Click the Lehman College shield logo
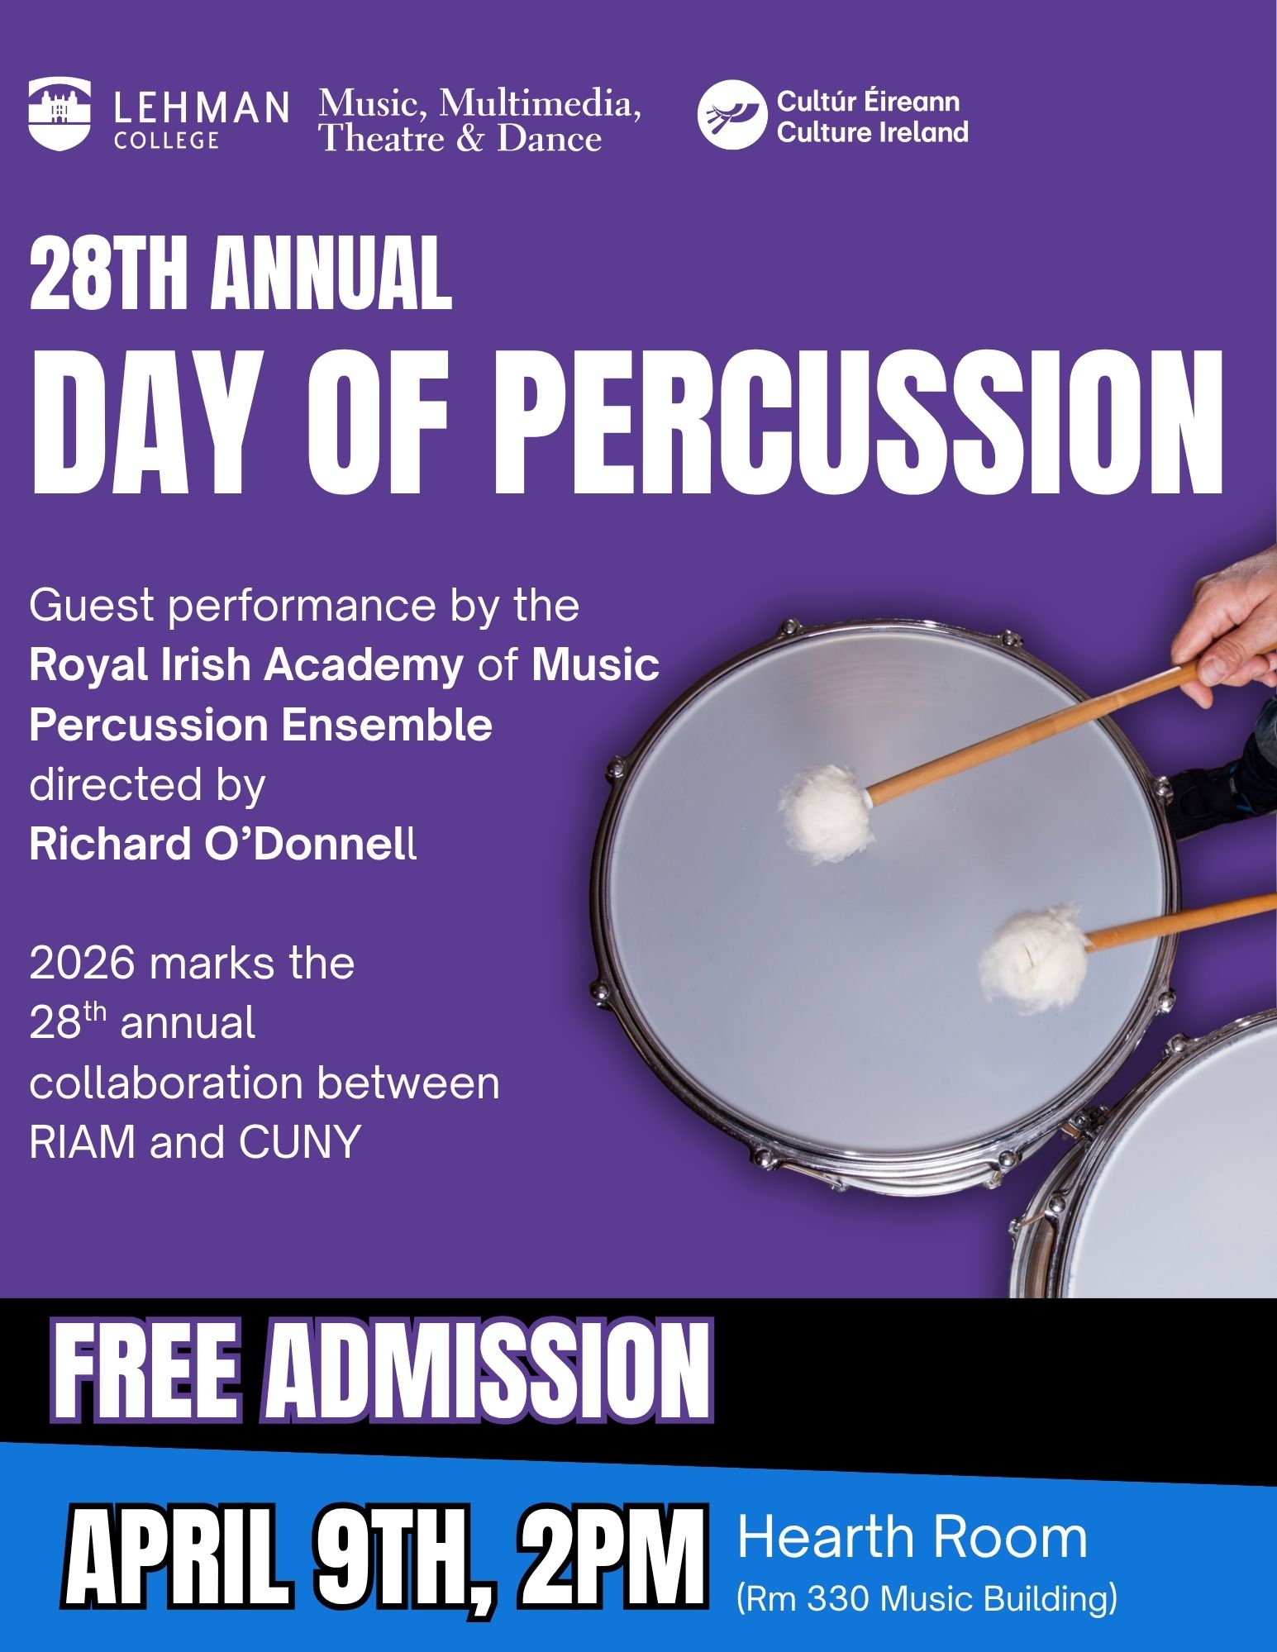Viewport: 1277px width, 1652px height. click(60, 114)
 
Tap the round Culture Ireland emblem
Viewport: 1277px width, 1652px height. click(728, 115)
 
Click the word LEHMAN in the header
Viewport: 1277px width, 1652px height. click(201, 107)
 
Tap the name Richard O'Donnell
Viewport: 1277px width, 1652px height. click(223, 845)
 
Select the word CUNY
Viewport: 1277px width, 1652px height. click(300, 1143)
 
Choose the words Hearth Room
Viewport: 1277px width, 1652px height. click(912, 1537)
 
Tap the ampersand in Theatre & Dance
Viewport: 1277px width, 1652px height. click(469, 138)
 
